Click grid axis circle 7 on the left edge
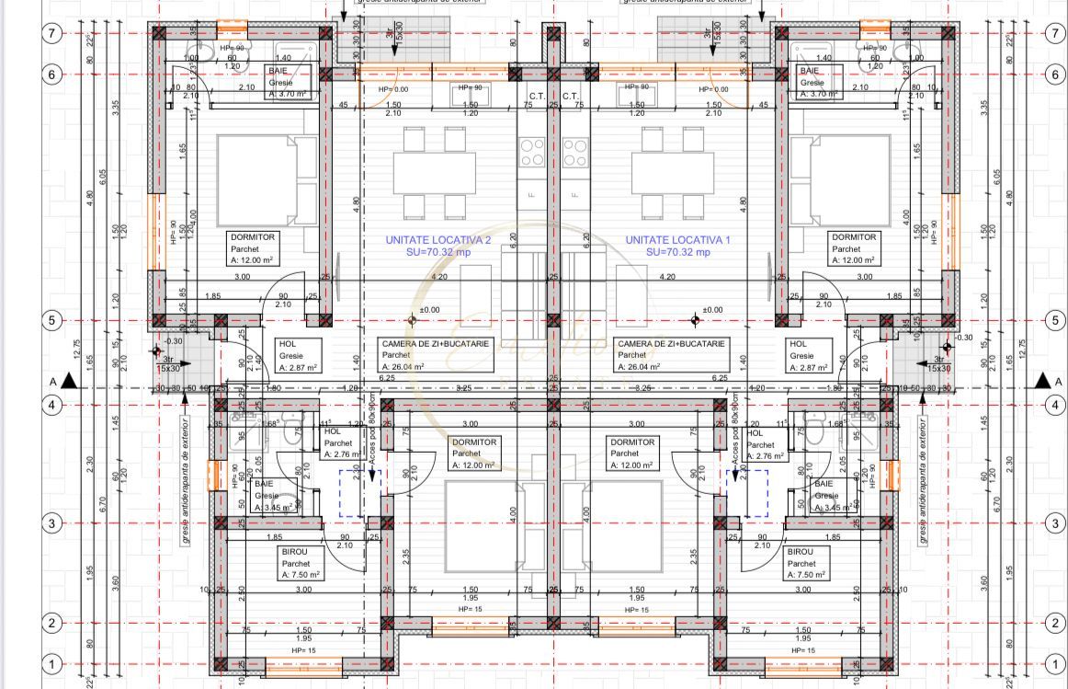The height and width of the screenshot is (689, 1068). (52, 33)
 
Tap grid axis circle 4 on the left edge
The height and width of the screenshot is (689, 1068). (52, 404)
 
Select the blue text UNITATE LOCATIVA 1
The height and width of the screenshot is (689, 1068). (677, 239)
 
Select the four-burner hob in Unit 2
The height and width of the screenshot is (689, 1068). (532, 153)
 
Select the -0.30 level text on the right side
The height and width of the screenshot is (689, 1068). (963, 338)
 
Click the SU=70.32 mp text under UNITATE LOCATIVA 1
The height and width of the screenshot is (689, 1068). (677, 252)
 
